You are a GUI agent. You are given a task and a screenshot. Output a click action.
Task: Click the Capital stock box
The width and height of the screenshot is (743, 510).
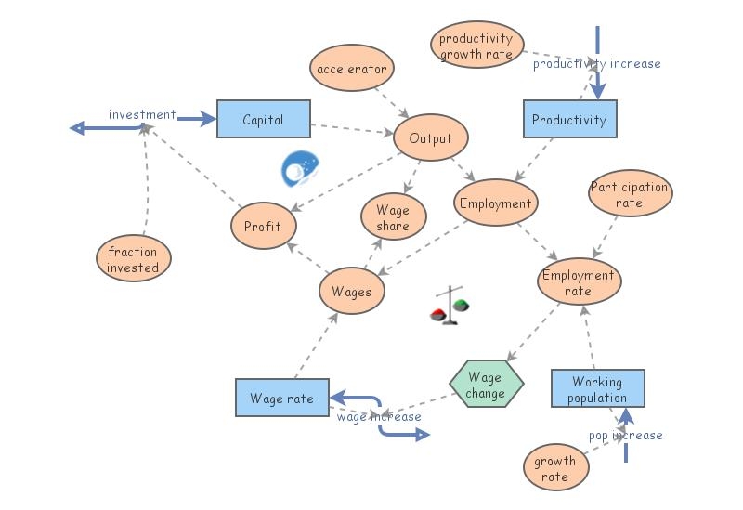[x=263, y=120]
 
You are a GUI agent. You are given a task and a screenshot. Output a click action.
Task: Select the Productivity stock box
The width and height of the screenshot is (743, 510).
[x=569, y=120]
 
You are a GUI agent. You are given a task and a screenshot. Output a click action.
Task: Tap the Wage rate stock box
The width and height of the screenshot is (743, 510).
[x=281, y=399]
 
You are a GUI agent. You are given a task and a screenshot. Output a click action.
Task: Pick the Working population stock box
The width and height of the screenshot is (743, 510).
[x=597, y=389]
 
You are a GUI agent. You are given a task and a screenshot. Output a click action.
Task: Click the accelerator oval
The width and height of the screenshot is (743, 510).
[x=352, y=70]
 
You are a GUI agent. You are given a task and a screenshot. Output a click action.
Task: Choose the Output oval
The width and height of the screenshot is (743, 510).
[x=430, y=139]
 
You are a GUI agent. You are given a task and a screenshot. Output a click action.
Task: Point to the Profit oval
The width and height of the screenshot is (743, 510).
[x=263, y=227]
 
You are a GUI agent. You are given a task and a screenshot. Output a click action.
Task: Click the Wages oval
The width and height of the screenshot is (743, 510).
[x=351, y=292]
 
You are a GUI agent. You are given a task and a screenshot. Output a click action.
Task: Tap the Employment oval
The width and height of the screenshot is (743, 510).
[x=496, y=203]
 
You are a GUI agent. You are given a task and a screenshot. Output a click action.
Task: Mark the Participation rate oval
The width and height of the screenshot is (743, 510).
[x=630, y=194]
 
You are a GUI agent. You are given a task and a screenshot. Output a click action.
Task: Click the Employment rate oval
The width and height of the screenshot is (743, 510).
[x=579, y=282]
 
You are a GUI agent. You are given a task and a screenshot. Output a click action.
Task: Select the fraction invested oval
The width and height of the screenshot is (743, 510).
[x=133, y=259]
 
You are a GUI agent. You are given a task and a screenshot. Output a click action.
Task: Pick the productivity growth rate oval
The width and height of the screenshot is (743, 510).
[x=476, y=46]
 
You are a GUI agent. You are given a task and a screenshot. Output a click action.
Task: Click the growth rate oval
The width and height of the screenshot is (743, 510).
[x=555, y=468]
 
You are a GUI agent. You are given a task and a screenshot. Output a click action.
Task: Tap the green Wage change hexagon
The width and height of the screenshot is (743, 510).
[x=486, y=385]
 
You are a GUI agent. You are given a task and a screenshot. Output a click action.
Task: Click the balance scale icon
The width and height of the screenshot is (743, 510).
[x=450, y=307]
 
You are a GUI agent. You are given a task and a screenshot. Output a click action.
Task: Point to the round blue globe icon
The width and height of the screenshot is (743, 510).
[x=301, y=168]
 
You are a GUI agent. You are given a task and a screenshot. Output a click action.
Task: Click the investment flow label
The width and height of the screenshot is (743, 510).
[x=141, y=114]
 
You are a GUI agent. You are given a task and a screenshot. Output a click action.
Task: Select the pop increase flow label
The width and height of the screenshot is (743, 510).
[x=625, y=435]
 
